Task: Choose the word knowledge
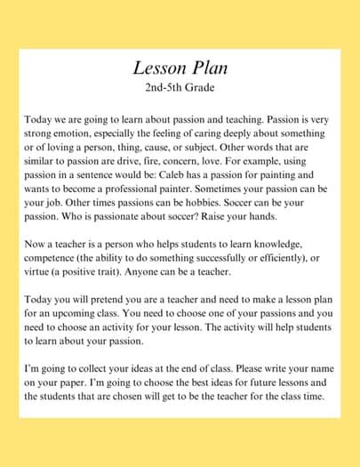tap(299, 243)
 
